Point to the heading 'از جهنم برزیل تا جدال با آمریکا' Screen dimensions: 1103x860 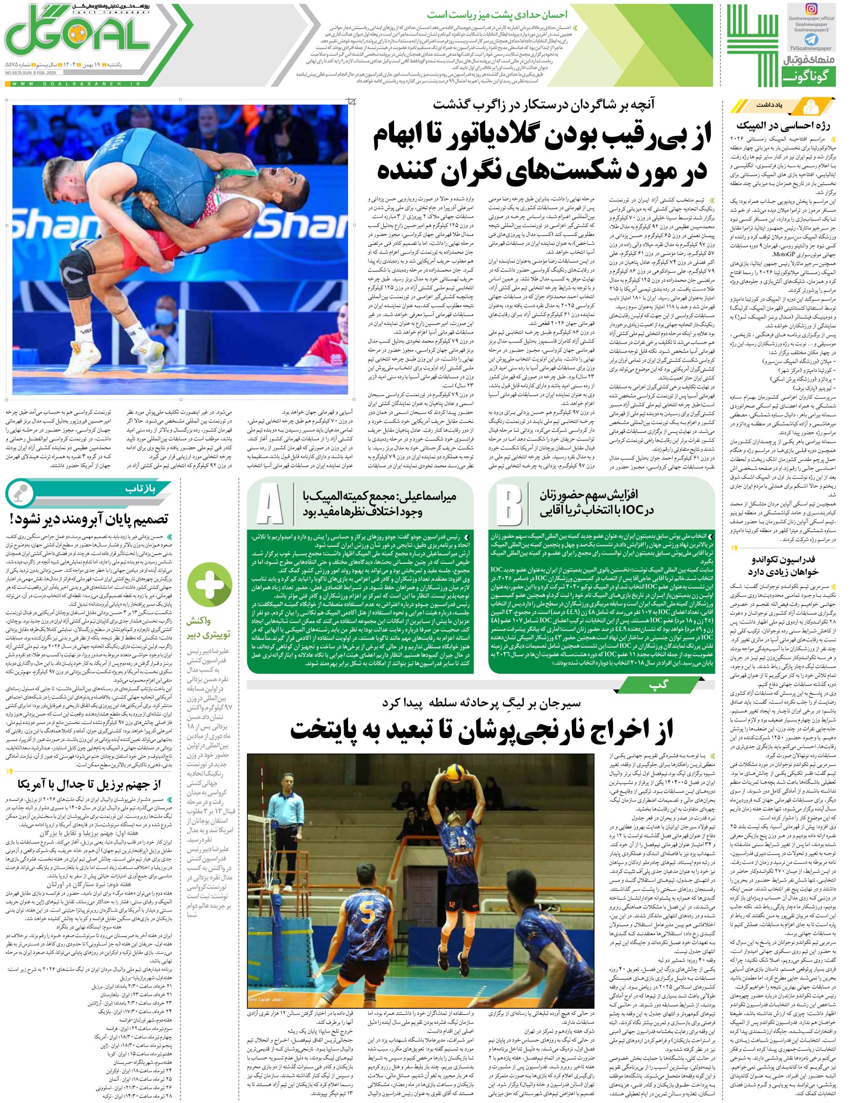click(89, 784)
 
